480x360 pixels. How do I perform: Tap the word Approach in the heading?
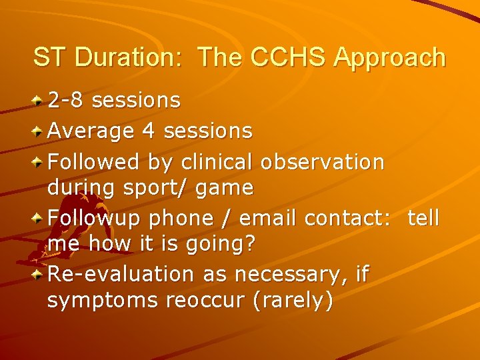pos(390,57)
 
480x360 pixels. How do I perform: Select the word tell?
pos(423,218)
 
